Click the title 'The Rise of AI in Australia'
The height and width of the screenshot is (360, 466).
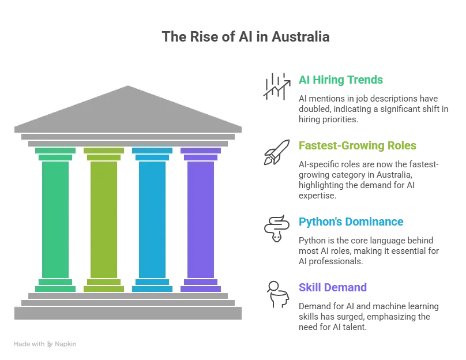[x=246, y=37]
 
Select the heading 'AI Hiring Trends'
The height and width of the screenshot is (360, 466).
[x=341, y=80]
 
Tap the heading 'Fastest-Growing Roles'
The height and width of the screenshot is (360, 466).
[x=357, y=145]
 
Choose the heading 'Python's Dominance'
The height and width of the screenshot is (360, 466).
[x=351, y=222]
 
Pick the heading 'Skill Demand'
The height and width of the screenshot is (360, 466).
[x=333, y=287]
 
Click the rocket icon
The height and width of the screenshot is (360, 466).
[x=277, y=152]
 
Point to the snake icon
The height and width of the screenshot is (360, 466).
[x=277, y=228]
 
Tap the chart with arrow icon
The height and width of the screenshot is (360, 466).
[x=277, y=87]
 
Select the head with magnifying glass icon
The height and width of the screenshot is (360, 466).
[x=277, y=294]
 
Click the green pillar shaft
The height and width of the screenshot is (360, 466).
[x=55, y=220]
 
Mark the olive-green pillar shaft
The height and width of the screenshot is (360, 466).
[x=104, y=220]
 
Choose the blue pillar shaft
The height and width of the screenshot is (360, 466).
[x=152, y=220]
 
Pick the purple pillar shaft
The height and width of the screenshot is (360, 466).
[x=201, y=220]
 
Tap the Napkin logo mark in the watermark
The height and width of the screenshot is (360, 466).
[x=50, y=344]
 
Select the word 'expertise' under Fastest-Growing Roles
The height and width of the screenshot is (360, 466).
[x=317, y=196]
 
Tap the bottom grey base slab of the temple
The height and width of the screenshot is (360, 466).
[x=128, y=313]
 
